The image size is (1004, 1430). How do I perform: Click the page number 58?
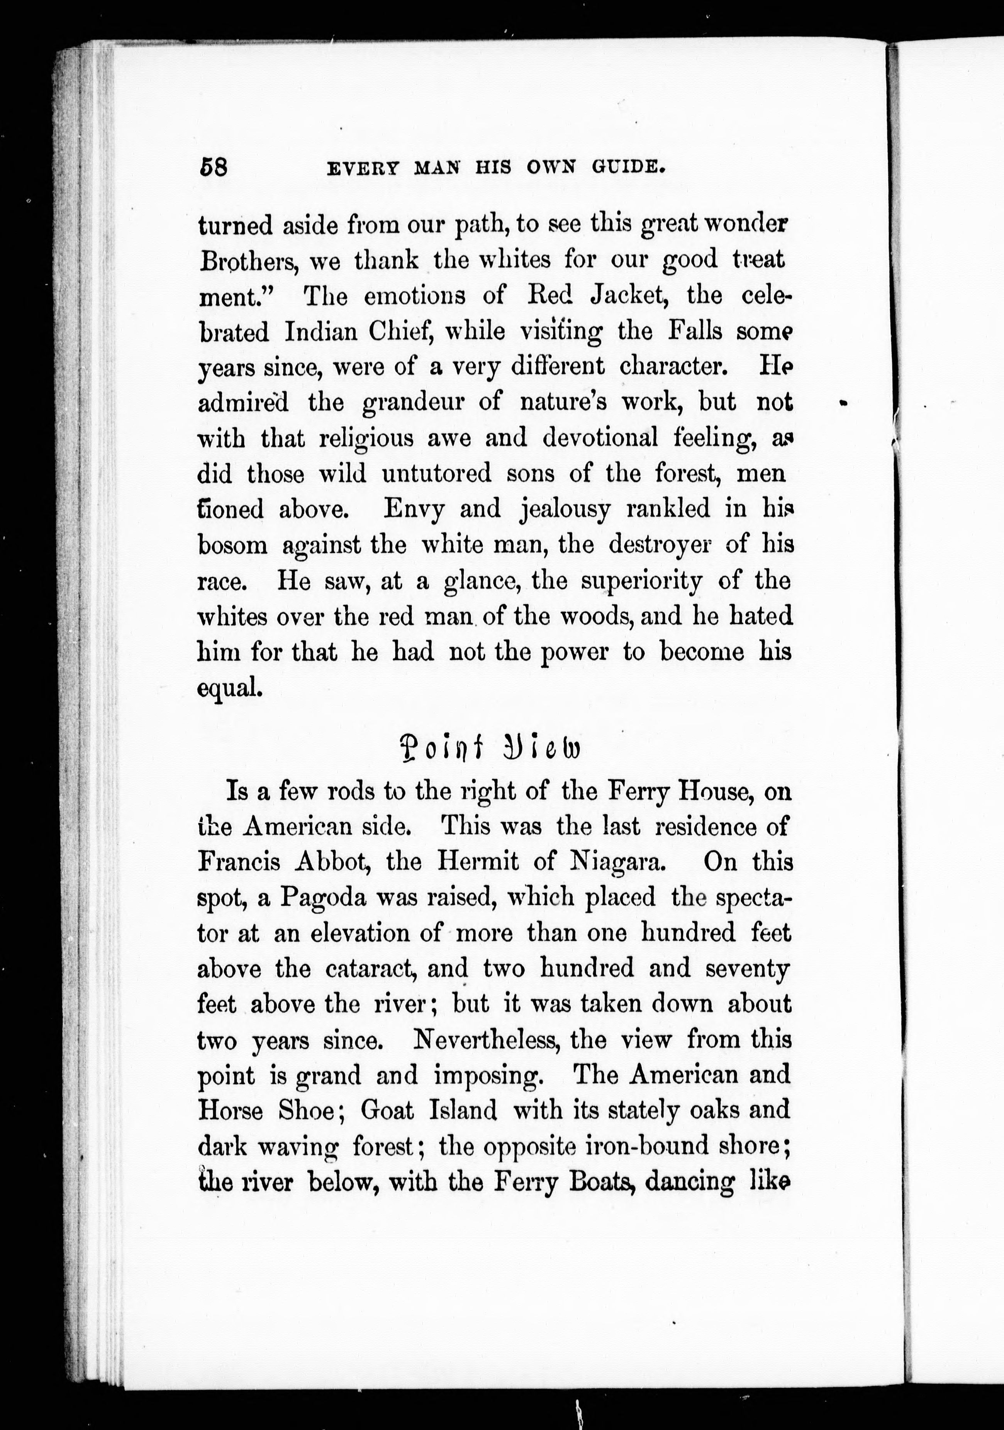click(x=214, y=168)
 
